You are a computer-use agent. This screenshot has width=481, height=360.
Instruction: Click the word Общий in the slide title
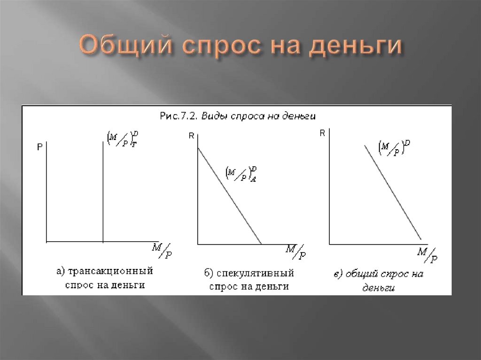pos(124,47)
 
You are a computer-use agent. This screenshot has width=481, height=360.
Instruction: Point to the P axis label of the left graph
pos(39,147)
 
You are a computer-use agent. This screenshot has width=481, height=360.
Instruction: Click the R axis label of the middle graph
pos(191,136)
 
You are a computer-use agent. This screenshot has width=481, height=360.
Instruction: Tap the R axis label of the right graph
pos(322,133)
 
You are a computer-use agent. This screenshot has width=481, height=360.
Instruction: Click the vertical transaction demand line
pos(103,192)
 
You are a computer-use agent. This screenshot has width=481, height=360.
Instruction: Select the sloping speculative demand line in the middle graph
pos(230,197)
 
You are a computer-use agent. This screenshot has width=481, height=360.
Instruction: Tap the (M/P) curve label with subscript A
pos(240,174)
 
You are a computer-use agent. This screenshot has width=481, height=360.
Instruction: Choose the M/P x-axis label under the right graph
pos(428,254)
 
